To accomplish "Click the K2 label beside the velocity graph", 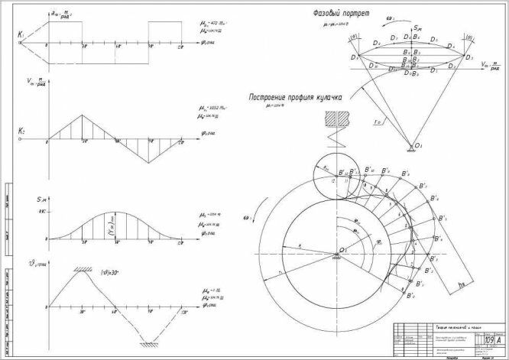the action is [x=21, y=131].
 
